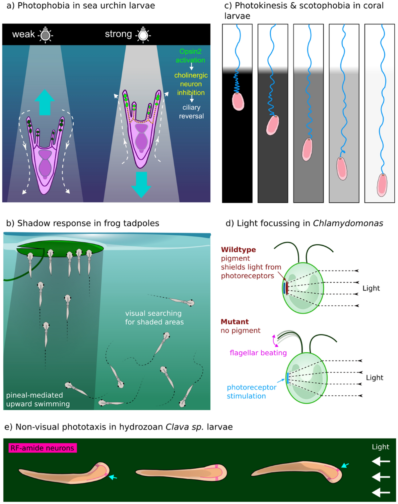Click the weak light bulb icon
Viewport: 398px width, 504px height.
45,34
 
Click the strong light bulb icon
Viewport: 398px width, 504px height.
143,34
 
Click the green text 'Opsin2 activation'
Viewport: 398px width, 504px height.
190,56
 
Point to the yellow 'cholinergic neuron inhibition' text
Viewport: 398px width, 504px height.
191,84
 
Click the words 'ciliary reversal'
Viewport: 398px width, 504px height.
191,112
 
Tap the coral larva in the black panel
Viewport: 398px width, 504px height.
238,101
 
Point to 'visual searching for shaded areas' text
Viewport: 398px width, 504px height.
154,318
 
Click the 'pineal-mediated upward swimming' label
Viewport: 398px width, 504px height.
38,399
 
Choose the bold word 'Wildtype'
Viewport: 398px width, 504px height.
238,250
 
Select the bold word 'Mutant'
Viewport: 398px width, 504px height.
234,322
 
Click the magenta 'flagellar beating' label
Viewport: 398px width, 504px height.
258,353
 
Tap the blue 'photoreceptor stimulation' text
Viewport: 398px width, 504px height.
251,391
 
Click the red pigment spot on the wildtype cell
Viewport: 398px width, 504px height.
287,287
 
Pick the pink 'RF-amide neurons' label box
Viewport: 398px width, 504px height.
42,448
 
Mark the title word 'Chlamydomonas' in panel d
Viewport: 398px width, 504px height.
348,224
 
